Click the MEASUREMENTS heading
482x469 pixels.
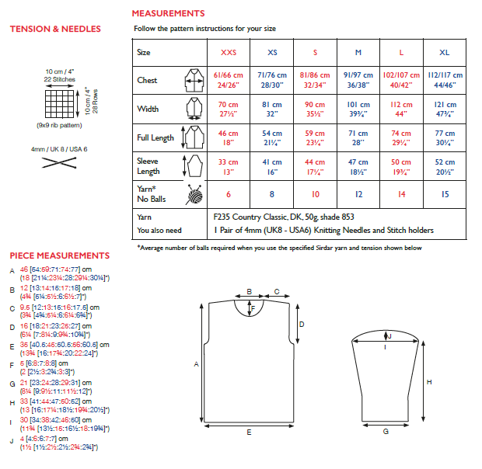pyautogui.click(x=168, y=13)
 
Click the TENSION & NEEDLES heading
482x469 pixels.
pyautogui.click(x=55, y=30)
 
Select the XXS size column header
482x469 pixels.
pyautogui.click(x=228, y=52)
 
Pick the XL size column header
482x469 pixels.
pyautogui.click(x=444, y=52)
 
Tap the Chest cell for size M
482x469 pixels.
pyautogui.click(x=358, y=80)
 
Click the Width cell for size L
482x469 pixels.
pyautogui.click(x=401, y=109)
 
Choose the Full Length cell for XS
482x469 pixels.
pyautogui.click(x=271, y=137)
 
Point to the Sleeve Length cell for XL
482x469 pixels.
pyautogui.click(x=444, y=166)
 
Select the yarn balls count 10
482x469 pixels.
pyautogui.click(x=315, y=195)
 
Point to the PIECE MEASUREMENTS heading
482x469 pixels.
pyautogui.click(x=59, y=255)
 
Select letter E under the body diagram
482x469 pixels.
pyautogui.click(x=248, y=431)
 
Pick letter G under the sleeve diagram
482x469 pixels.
pyautogui.click(x=385, y=431)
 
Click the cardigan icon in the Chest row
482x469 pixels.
pyautogui.click(x=191, y=80)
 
